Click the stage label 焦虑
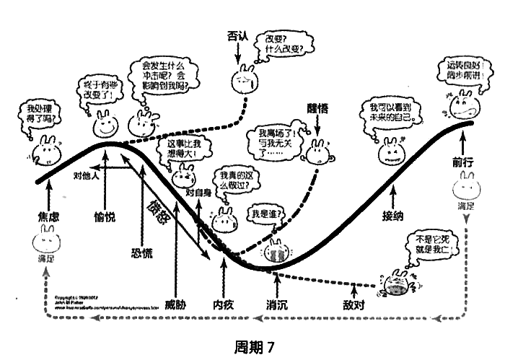(x=47, y=217)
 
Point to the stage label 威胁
(x=175, y=304)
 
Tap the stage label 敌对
(x=355, y=304)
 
